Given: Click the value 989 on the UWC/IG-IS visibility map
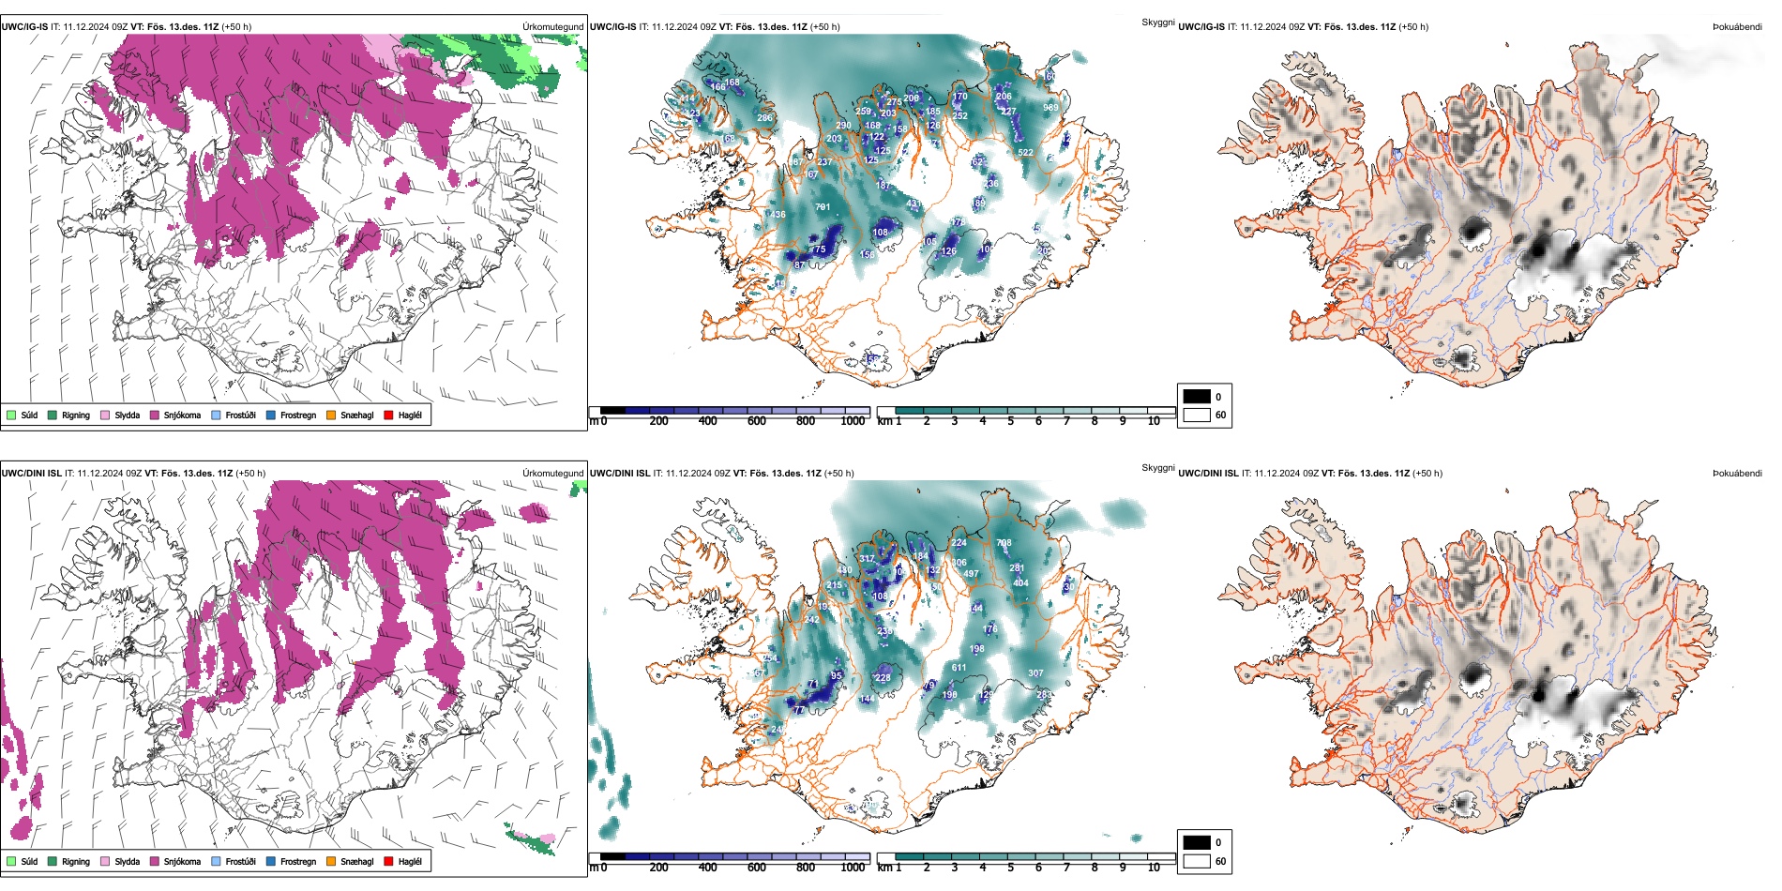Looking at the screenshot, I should [x=1050, y=108].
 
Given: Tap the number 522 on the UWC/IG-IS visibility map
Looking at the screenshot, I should [x=1025, y=152].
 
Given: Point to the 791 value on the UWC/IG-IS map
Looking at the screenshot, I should [x=823, y=207].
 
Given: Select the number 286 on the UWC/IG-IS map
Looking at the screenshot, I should [x=764, y=118].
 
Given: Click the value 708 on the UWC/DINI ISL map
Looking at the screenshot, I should [x=1004, y=543].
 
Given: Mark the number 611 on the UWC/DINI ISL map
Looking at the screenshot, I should [x=959, y=668].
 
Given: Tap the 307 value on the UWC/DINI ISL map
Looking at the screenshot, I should [x=1035, y=672].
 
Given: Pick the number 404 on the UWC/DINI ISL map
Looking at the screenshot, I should [x=1020, y=583].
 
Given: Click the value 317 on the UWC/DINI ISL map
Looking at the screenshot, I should [x=867, y=559].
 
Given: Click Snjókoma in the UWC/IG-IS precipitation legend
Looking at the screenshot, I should [x=182, y=415].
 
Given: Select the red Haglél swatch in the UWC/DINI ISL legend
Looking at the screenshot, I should [x=388, y=861].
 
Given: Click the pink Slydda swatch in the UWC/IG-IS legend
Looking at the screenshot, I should [x=105, y=415].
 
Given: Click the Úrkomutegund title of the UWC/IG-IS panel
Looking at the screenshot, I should [x=552, y=27].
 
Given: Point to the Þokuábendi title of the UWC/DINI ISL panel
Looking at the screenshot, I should [x=1737, y=474].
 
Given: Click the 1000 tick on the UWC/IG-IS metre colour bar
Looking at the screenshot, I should [x=853, y=421].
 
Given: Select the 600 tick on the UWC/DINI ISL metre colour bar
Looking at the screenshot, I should [x=756, y=868].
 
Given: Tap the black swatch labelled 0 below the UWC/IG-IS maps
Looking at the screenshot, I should [x=1197, y=397].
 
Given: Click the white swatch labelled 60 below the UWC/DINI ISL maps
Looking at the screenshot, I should [x=1197, y=861].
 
